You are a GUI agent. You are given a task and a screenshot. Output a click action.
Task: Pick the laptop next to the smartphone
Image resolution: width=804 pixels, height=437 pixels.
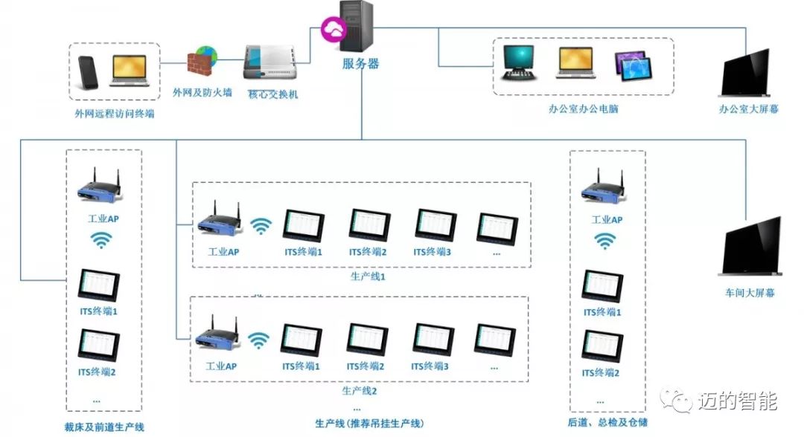point(130,71)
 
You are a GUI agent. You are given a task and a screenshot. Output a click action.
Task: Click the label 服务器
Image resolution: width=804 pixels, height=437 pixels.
point(361,64)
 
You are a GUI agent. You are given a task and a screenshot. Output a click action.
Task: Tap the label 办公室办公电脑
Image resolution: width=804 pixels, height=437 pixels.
point(583,109)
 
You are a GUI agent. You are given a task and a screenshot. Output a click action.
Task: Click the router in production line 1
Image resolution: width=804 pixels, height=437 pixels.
point(219,221)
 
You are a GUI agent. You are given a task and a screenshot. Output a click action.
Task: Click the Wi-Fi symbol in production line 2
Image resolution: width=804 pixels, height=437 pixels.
point(259,340)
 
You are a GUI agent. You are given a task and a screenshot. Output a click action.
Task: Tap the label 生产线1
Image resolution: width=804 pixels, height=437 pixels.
point(363,276)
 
